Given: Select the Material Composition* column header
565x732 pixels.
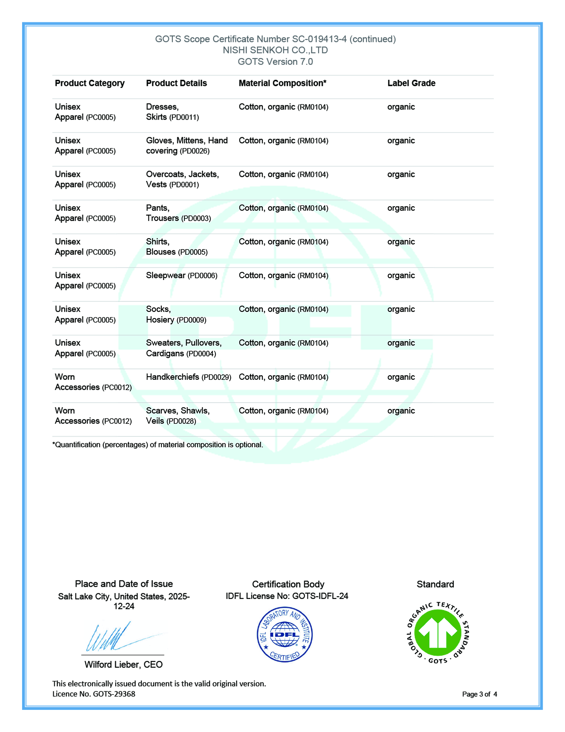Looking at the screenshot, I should pyautogui.click(x=282, y=83).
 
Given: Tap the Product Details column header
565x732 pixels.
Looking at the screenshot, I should pyautogui.click(x=176, y=83).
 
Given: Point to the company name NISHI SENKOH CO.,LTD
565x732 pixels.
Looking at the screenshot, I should pyautogui.click(x=275, y=50).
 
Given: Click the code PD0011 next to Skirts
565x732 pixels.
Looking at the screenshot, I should pyautogui.click(x=184, y=117).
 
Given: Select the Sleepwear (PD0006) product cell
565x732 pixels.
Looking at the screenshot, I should pyautogui.click(x=181, y=276).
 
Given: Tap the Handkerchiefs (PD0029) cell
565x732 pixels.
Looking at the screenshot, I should pyautogui.click(x=188, y=377).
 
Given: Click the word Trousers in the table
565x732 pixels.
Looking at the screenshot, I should pyautogui.click(x=162, y=218).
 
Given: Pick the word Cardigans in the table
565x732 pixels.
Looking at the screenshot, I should pyautogui.click(x=165, y=354).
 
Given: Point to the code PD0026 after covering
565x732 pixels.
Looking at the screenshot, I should pyautogui.click(x=195, y=151).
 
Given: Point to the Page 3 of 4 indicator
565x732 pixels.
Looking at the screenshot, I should pyautogui.click(x=479, y=694).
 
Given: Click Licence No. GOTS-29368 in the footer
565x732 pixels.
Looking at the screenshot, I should pyautogui.click(x=94, y=694).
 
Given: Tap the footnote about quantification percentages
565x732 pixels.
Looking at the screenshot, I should pyautogui.click(x=158, y=445).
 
